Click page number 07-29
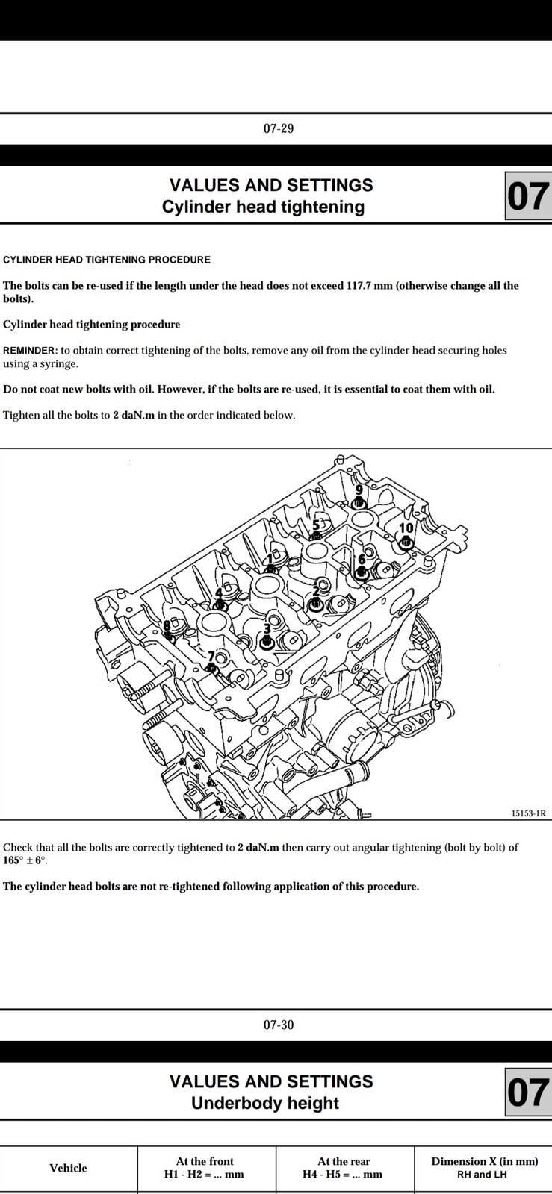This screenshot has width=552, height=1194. tap(278, 128)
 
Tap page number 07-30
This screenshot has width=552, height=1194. tap(278, 1025)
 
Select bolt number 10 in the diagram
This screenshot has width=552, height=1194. tap(406, 542)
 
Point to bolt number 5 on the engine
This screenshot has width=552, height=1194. tap(316, 535)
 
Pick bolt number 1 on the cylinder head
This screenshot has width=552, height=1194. tap(270, 569)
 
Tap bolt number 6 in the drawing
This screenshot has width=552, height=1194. tap(362, 572)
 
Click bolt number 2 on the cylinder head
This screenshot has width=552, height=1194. tap(316, 603)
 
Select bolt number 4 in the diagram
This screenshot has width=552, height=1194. tap(220, 604)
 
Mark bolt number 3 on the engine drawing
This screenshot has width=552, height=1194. tap(267, 641)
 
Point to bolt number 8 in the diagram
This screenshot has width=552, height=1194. tap(168, 637)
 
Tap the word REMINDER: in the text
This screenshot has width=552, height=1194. tap(30, 351)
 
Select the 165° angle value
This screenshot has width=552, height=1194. tap(15, 860)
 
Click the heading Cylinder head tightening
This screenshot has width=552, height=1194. tap(263, 207)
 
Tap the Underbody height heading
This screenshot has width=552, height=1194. tap(265, 1103)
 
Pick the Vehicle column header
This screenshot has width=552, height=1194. tap(68, 1168)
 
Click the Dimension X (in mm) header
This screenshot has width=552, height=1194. tap(484, 1161)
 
